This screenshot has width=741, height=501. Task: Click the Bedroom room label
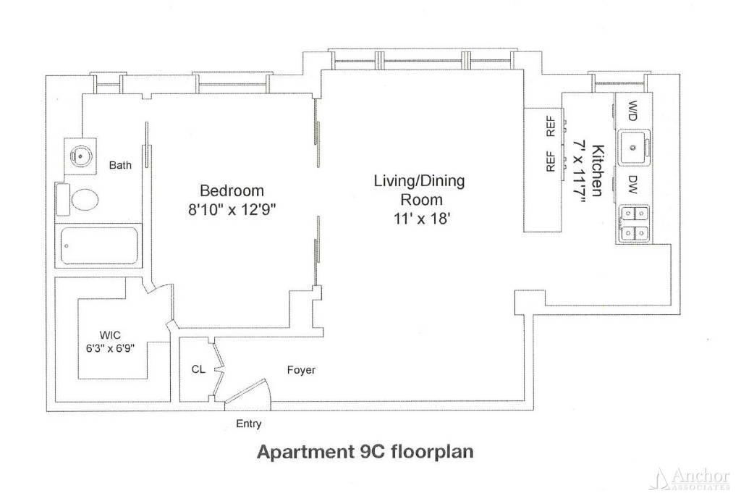[232, 190]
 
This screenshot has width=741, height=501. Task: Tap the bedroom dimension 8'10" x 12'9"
[232, 209]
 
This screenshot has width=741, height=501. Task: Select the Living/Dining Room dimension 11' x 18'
[422, 219]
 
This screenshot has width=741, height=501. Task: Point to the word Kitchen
[598, 170]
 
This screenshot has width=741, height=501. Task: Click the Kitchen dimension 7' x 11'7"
[580, 171]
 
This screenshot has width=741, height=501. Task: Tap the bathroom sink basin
[80, 155]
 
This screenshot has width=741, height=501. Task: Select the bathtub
[99, 245]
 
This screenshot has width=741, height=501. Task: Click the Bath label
[120, 165]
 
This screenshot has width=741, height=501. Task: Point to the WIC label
[110, 335]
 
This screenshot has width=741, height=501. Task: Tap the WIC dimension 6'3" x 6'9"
[110, 349]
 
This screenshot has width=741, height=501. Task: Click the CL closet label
[198, 369]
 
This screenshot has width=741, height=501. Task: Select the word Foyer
[301, 370]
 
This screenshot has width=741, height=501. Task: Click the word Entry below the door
[249, 424]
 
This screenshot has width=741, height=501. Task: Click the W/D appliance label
[632, 111]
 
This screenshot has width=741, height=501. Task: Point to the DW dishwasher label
[632, 185]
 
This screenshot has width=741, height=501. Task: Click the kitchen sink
[634, 148]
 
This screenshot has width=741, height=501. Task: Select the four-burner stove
[634, 223]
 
